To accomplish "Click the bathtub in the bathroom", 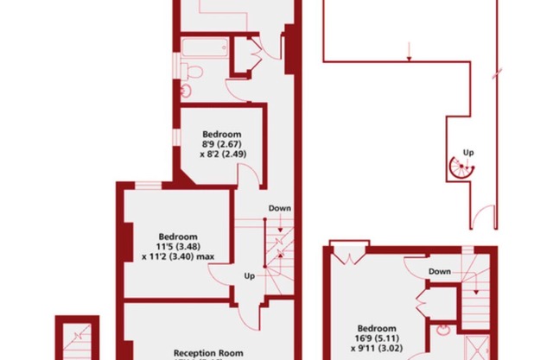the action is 205,47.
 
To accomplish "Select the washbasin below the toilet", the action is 186,91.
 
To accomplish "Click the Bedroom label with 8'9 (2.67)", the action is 222,134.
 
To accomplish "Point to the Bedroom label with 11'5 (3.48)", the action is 178,237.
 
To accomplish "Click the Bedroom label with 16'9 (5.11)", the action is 377,328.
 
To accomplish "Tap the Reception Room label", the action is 208,353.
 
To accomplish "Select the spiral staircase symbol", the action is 462,168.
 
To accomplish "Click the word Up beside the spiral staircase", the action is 468,153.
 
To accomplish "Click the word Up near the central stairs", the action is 250,275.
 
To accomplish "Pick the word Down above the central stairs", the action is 280,208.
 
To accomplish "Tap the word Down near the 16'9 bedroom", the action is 440,271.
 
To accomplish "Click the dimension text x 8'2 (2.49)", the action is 223,154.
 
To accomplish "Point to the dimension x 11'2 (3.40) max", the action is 178,256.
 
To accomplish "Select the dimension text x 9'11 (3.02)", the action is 377,349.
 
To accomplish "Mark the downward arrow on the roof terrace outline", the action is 409,52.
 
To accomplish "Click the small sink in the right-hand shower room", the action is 442,330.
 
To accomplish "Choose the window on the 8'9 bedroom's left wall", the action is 176,137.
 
